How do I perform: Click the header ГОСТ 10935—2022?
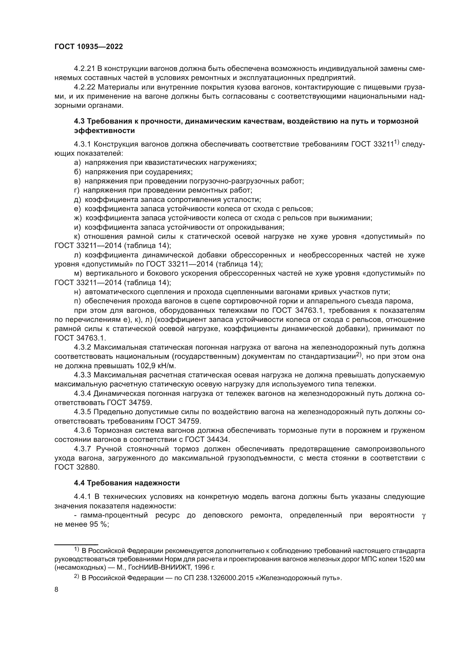click(89, 47)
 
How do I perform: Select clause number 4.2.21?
click(84, 69)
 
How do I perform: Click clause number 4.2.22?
click(84, 87)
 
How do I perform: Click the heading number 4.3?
click(79, 121)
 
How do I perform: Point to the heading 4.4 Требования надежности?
click(127, 483)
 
